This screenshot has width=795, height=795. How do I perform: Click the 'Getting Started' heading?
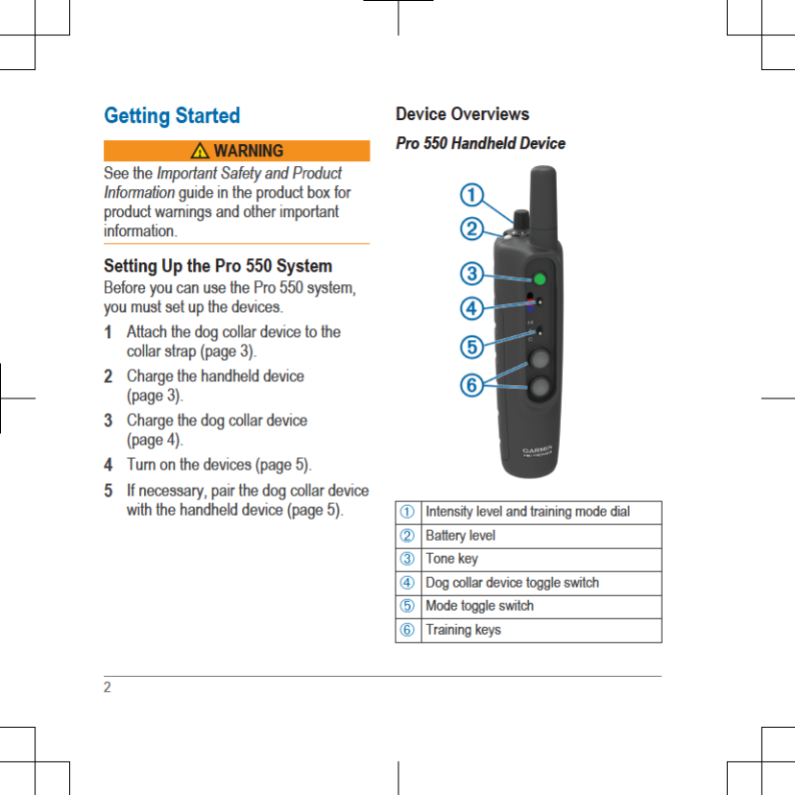tap(172, 116)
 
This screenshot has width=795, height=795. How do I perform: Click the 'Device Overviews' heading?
tap(462, 114)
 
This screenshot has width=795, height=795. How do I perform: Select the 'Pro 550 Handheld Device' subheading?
tap(480, 143)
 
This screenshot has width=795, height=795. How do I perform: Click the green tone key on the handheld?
tap(539, 278)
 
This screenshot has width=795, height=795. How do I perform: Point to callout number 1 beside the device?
tap(470, 196)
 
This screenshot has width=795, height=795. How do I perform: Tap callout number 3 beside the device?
tap(470, 274)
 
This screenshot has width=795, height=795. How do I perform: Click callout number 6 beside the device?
tap(470, 385)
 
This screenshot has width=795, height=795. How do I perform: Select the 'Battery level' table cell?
tap(461, 535)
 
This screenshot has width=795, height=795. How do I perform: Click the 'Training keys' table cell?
tap(463, 630)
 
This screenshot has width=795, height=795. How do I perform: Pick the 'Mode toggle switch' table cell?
tap(479, 606)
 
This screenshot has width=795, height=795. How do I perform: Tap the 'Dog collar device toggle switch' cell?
tap(512, 583)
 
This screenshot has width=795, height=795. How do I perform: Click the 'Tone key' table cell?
tap(451, 559)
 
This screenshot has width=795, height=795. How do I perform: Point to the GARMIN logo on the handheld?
tap(542, 448)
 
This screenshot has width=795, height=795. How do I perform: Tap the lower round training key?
tap(540, 389)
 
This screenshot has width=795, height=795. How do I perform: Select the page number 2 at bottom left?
tap(108, 687)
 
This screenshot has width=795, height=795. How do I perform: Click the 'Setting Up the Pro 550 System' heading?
tap(218, 265)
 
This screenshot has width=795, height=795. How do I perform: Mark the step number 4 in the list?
tap(108, 465)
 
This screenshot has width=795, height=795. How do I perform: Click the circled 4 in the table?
tap(408, 583)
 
